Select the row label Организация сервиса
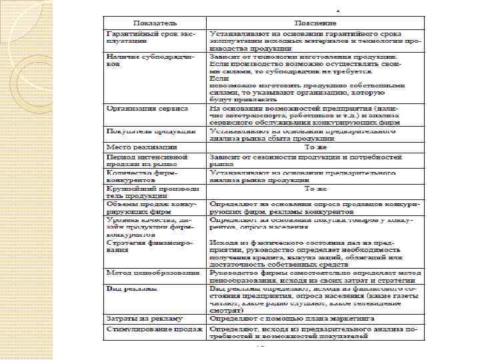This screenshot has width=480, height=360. click(x=147, y=108)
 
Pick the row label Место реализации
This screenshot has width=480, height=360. click(x=139, y=145)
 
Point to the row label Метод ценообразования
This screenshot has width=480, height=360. click(x=153, y=274)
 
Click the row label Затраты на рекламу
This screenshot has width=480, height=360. click(x=145, y=319)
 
